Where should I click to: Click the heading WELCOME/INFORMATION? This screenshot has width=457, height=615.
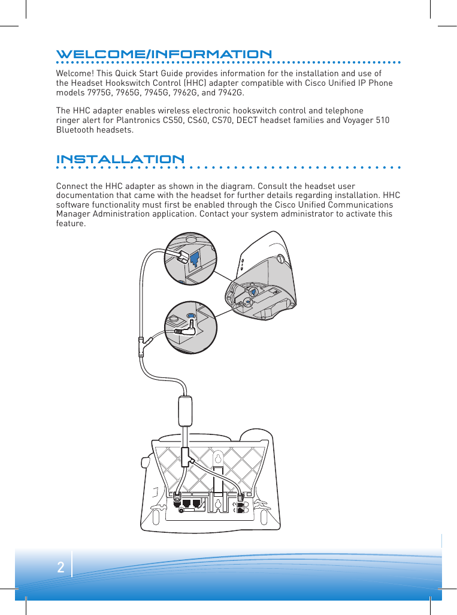point(164,55)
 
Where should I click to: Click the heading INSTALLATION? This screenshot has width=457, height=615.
point(120,160)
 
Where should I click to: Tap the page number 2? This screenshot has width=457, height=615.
point(60,568)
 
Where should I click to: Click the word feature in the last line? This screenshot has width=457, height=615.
point(71,224)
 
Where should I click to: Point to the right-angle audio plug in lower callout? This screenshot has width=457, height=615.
point(185,329)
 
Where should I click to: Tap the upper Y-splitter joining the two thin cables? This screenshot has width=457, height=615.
point(142,346)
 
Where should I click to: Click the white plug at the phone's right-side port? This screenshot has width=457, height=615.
point(241,496)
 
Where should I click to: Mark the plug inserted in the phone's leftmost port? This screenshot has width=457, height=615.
point(178,497)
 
